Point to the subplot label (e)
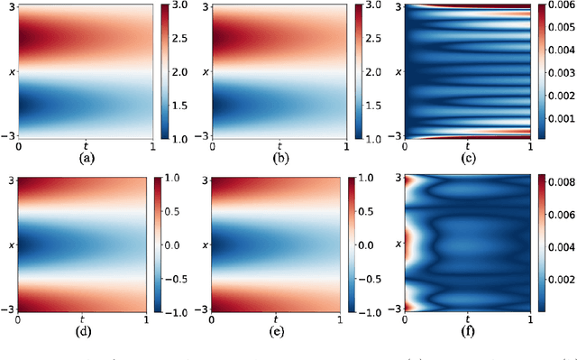click(x=278, y=332)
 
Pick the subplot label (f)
click(x=468, y=332)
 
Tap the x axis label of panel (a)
click(x=8, y=69)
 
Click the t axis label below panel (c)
click(x=468, y=144)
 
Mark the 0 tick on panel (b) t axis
click(x=210, y=144)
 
